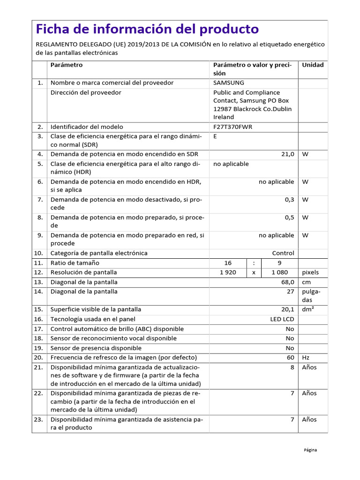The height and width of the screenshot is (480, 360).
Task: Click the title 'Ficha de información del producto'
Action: click(147, 29)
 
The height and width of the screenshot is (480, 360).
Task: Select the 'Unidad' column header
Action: click(313, 65)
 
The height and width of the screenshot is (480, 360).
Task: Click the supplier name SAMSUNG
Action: click(229, 83)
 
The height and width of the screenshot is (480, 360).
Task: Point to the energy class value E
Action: click(215, 136)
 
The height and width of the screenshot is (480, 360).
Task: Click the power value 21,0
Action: click(287, 154)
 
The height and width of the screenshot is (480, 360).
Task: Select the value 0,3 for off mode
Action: click(289, 200)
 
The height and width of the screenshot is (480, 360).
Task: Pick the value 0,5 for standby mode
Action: click(289, 217)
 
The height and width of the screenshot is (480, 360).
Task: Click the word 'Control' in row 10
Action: click(283, 253)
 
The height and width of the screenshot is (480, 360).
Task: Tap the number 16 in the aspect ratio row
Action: click(228, 263)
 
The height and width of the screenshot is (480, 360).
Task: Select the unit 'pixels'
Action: click(310, 272)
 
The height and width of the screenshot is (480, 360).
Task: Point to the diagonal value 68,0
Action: click(287, 282)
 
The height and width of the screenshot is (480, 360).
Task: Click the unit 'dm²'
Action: click(308, 309)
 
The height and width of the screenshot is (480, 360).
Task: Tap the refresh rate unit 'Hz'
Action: click(306, 358)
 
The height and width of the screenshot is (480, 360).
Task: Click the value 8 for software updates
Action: click(292, 367)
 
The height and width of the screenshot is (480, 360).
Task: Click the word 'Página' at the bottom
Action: click(310, 450)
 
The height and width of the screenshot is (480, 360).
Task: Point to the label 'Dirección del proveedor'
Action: click(86, 93)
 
